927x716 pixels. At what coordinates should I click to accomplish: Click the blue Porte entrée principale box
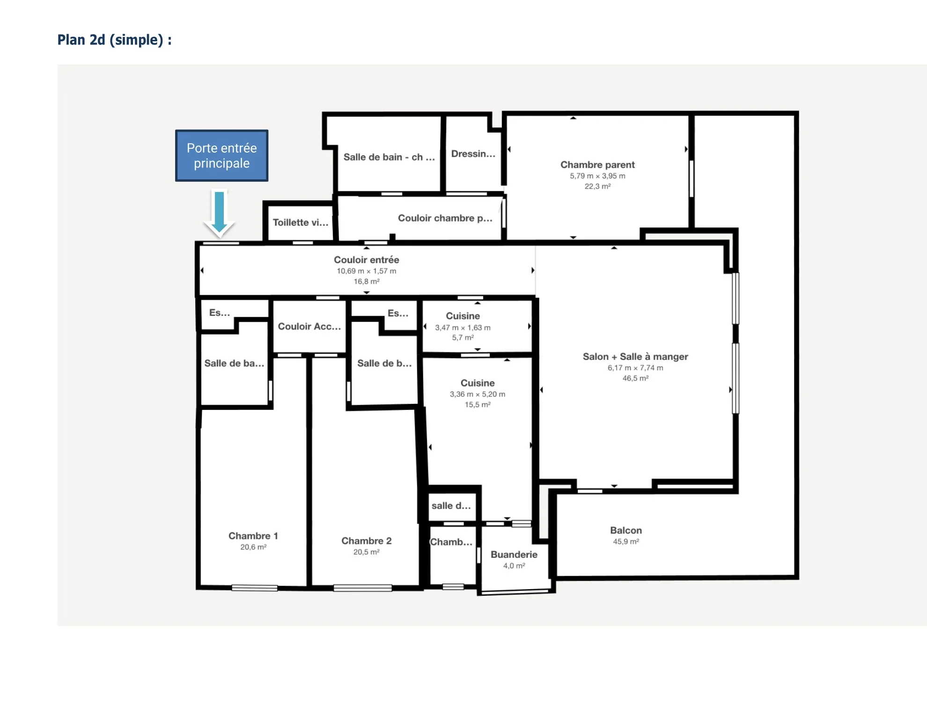point(221,155)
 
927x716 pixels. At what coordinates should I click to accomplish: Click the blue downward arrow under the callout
point(219,212)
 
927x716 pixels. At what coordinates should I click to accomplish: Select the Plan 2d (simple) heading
point(114,40)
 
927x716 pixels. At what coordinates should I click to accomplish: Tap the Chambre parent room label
point(597,165)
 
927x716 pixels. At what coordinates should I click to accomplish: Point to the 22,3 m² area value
point(597,186)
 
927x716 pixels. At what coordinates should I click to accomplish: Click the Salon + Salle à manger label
point(635,357)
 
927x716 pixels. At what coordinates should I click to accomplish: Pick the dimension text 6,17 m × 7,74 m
point(635,368)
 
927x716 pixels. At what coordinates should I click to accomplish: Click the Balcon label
point(626,530)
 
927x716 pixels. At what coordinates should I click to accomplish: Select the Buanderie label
point(514,555)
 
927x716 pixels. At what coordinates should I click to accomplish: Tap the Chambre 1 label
point(253,536)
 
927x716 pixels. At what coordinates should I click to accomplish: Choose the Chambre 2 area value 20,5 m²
point(366,552)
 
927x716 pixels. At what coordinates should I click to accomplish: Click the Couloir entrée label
point(367,260)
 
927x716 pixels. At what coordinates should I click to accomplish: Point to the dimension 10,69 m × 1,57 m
point(367,271)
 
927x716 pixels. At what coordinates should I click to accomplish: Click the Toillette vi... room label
point(301,222)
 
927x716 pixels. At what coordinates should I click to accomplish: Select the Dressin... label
point(473,154)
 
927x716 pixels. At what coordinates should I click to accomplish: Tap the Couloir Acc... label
point(309,326)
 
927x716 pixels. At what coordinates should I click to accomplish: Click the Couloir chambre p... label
point(445,218)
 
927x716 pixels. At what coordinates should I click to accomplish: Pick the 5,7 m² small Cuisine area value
point(463,337)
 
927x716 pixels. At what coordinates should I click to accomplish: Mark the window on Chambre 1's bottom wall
point(254,588)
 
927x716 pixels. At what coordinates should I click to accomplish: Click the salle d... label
point(451,506)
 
